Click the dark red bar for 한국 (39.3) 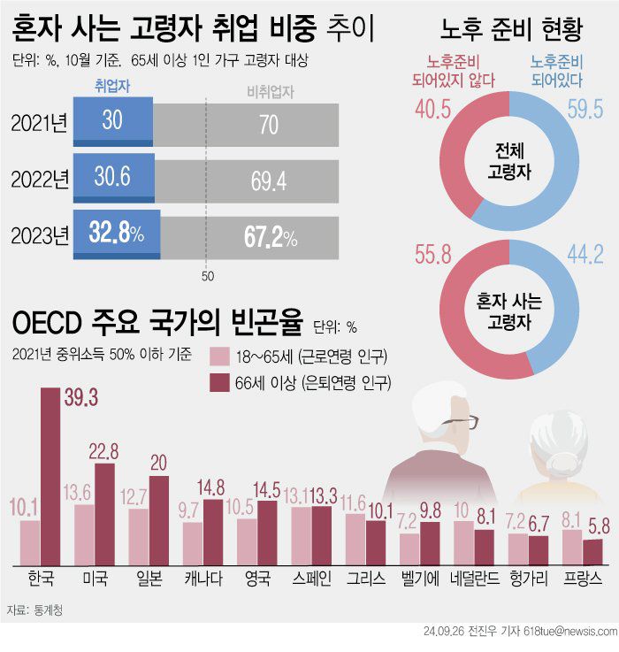(50, 476)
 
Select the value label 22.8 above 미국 (104, 451)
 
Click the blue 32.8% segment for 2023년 (116, 235)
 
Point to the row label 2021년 (39, 123)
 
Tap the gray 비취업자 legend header (270, 89)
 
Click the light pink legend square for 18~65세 (218, 357)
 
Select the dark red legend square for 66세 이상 (218, 382)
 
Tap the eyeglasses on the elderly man (461, 424)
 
